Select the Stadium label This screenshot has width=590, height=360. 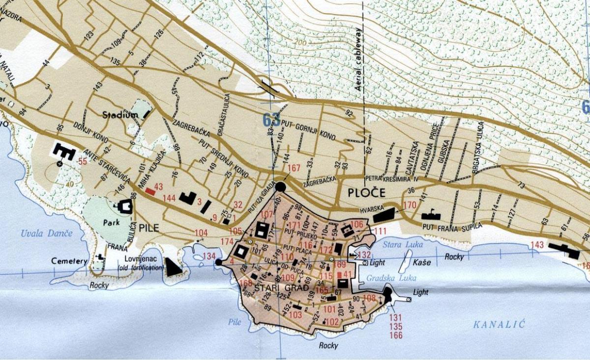[x=120, y=115]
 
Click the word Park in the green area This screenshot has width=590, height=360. [x=111, y=222]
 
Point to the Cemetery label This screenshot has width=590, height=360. [x=69, y=261]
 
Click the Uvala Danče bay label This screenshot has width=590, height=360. [x=47, y=233]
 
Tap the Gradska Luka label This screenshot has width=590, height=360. [x=386, y=277]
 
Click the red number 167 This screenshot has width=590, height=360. [x=294, y=168]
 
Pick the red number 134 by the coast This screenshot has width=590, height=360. [x=209, y=256]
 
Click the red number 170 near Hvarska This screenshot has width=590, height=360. [x=409, y=205]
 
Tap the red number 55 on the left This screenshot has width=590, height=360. [x=82, y=161]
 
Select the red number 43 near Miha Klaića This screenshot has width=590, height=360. [x=158, y=187]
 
